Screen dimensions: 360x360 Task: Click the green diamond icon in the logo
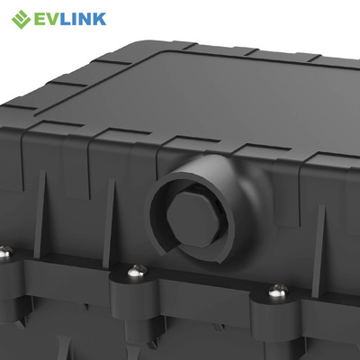(21, 19)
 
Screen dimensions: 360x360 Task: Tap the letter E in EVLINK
(40, 19)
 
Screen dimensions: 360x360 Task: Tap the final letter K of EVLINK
(101, 19)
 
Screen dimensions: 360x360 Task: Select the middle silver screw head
(137, 271)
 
